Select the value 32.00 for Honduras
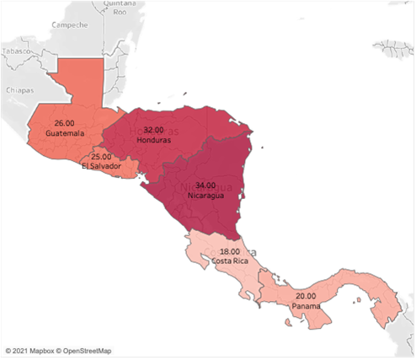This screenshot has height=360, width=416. click(x=154, y=130)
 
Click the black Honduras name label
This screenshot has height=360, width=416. click(x=154, y=140)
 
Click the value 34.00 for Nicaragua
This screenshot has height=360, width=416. click(x=204, y=185)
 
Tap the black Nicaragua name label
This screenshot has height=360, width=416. click(x=204, y=195)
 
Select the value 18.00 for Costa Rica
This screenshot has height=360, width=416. click(x=230, y=251)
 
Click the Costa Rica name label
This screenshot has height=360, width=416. click(x=229, y=261)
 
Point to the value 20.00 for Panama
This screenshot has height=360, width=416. click(x=306, y=296)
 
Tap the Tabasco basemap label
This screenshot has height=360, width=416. click(x=14, y=52)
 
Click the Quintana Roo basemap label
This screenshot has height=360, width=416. click(x=119, y=8)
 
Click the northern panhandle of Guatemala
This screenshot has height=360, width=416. click(x=80, y=80)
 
